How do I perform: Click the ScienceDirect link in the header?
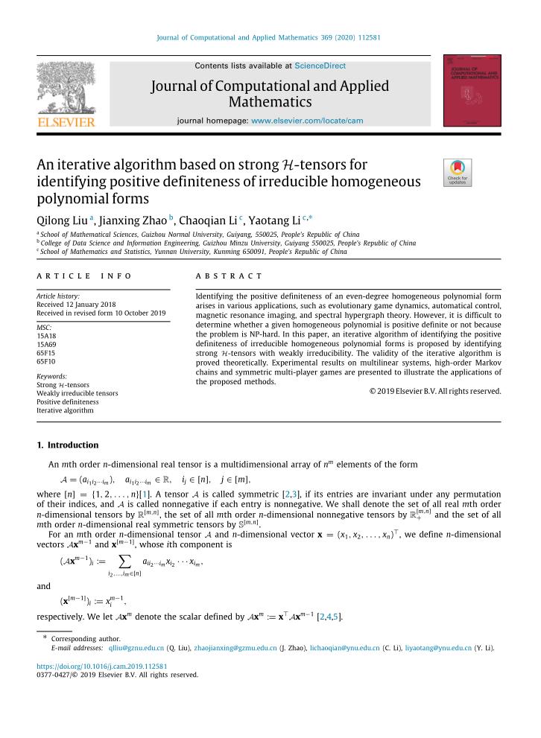(x=320, y=66)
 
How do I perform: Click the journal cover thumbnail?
(x=472, y=90)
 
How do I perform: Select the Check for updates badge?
(x=457, y=173)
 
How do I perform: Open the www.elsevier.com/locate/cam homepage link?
(x=307, y=120)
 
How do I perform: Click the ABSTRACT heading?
(x=229, y=276)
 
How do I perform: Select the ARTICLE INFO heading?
(x=84, y=276)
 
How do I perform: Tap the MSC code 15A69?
(x=46, y=345)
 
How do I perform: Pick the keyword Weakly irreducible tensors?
(x=77, y=392)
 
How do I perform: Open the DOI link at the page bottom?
(x=101, y=666)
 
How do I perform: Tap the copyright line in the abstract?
(x=435, y=391)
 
